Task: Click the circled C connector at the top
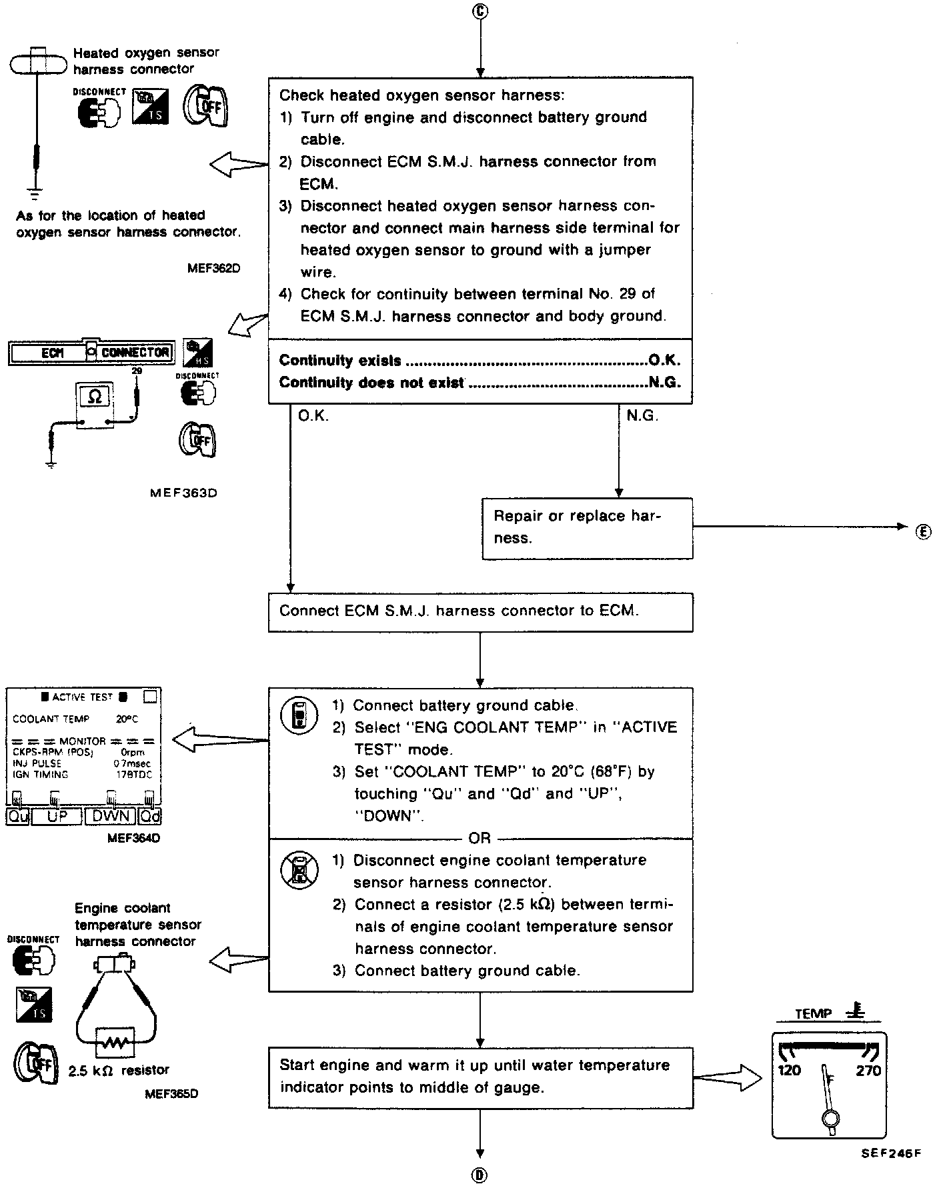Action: (480, 12)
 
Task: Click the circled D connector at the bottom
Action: (480, 1175)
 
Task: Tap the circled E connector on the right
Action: (923, 531)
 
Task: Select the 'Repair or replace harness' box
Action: (587, 528)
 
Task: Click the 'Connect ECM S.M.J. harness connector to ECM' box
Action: (480, 611)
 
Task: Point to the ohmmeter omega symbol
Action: (95, 397)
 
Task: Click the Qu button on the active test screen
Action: (18, 816)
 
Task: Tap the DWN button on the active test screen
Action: (111, 816)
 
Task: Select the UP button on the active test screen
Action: (57, 816)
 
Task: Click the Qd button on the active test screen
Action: (151, 816)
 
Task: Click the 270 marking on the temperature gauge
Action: (868, 1071)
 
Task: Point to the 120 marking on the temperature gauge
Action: (790, 1071)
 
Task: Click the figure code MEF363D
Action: (183, 493)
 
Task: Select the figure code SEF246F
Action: (890, 1154)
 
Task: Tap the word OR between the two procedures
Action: (480, 838)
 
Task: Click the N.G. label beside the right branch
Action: (642, 416)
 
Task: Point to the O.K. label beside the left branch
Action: (313, 416)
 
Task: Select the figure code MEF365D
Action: (171, 1094)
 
